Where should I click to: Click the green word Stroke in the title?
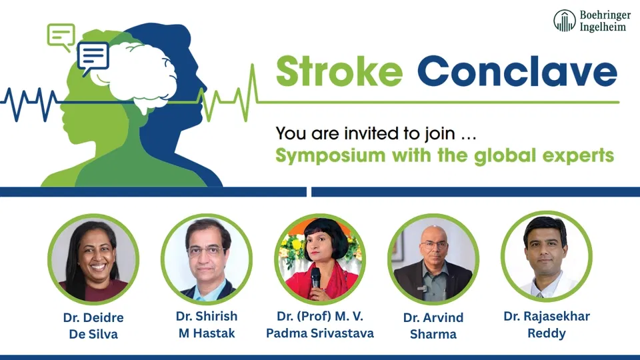[339, 71]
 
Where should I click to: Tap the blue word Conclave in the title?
[517, 71]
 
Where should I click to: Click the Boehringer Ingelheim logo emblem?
[565, 21]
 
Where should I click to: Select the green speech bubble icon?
[61, 37]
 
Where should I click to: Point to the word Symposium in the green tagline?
[331, 156]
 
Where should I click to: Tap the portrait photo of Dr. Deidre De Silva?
[93, 259]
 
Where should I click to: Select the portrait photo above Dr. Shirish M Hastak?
[207, 259]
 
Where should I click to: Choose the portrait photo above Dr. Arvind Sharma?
[433, 259]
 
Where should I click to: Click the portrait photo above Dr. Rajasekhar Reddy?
[547, 257]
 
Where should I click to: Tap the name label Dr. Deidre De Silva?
[93, 326]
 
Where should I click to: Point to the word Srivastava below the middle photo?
[342, 333]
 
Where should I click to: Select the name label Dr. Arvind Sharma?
[433, 326]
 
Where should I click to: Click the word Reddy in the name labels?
[547, 333]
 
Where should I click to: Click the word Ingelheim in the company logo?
[603, 27]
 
